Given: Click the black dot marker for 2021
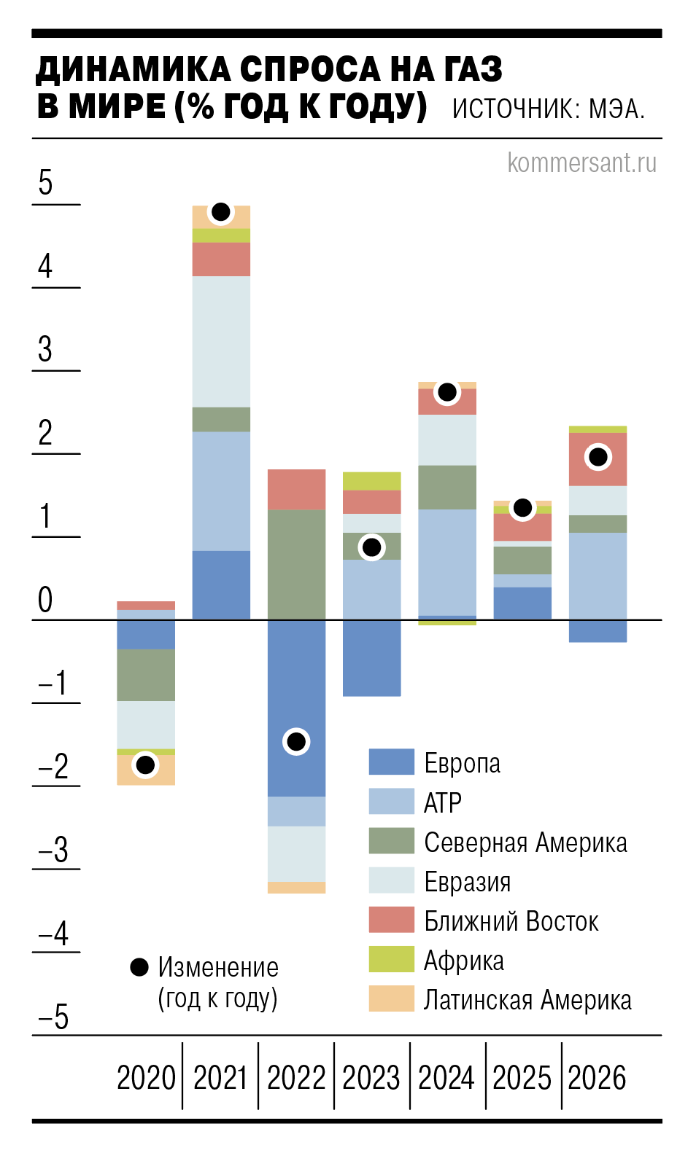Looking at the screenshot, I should pyautogui.click(x=220, y=212).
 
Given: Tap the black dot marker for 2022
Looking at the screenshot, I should pyautogui.click(x=296, y=741).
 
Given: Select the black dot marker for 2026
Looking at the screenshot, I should pyautogui.click(x=598, y=457).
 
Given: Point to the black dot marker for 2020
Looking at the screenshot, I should pyautogui.click(x=145, y=765).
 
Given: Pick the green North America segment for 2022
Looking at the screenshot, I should pyautogui.click(x=296, y=564).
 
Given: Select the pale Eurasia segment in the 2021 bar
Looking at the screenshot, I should pyautogui.click(x=221, y=341).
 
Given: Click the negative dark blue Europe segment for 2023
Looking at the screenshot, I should pyautogui.click(x=371, y=657).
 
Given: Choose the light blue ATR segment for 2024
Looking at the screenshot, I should pyautogui.click(x=447, y=562).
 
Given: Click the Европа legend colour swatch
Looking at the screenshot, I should pyautogui.click(x=391, y=762).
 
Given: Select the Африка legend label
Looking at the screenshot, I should pyautogui.click(x=463, y=961).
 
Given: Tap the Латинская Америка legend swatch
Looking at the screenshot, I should pyautogui.click(x=391, y=999).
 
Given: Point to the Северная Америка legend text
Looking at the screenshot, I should pyautogui.click(x=525, y=842).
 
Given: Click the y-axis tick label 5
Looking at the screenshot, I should pyautogui.click(x=45, y=182).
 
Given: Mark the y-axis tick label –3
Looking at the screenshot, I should pyautogui.click(x=53, y=850).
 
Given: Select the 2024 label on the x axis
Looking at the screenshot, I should pyautogui.click(x=446, y=1077).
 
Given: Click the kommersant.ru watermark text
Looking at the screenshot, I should pyautogui.click(x=581, y=163).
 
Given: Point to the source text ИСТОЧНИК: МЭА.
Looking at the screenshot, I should pyautogui.click(x=549, y=109).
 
